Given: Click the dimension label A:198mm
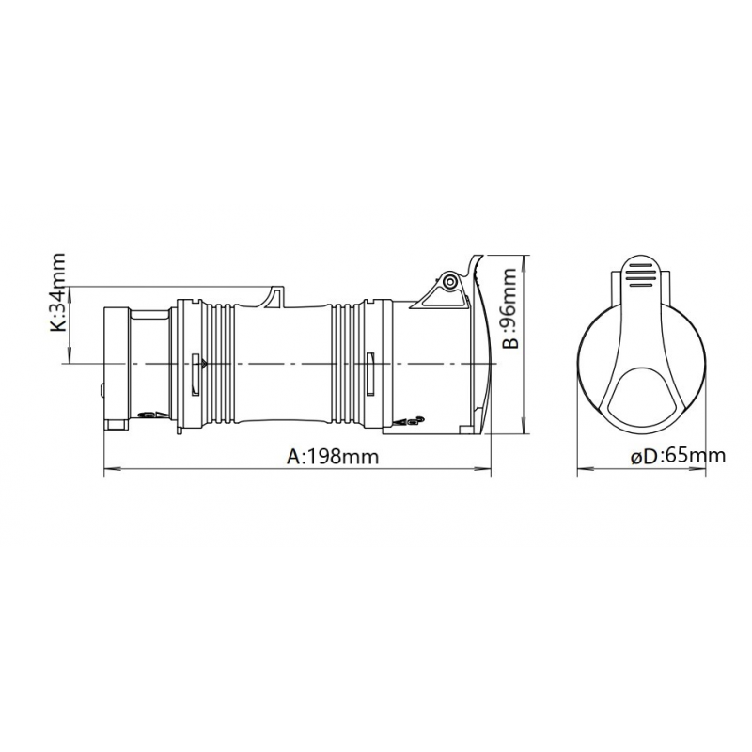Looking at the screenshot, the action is (x=333, y=456).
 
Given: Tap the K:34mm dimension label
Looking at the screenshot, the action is (x=58, y=292).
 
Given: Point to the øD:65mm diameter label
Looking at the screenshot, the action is (x=678, y=456).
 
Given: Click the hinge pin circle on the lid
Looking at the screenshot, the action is (x=450, y=283).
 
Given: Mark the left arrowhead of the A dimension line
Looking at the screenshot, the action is (x=111, y=467).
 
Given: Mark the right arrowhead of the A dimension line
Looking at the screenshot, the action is (x=484, y=467).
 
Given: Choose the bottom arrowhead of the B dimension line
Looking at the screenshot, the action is (x=527, y=427).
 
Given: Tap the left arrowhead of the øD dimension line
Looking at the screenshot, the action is (x=584, y=467).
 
